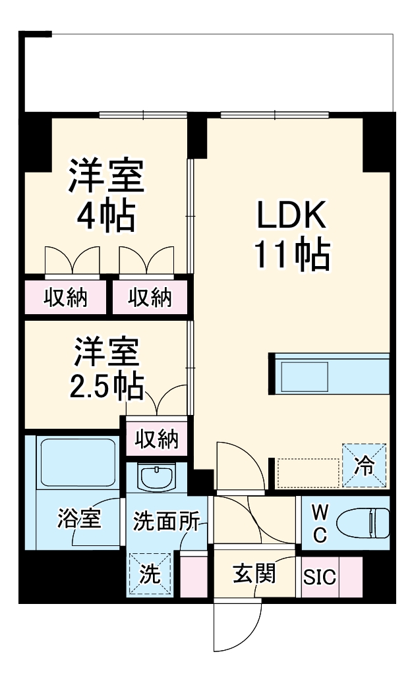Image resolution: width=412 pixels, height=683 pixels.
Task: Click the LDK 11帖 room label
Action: [x=291, y=234]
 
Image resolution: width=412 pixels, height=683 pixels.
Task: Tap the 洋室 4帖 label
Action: [x=105, y=196]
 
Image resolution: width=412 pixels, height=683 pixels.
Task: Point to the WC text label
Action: [x=318, y=524]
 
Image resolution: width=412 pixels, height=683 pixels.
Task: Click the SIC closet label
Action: [x=320, y=578]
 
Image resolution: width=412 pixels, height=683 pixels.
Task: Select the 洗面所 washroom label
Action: [x=165, y=522]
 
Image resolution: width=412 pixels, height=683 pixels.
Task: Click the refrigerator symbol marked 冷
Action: [x=364, y=465]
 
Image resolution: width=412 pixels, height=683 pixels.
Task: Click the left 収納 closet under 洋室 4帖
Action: [x=66, y=298]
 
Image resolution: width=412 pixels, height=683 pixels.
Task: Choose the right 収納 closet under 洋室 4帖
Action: [x=150, y=298]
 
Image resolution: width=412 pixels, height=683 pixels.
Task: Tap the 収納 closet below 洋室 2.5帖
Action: [x=157, y=438]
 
